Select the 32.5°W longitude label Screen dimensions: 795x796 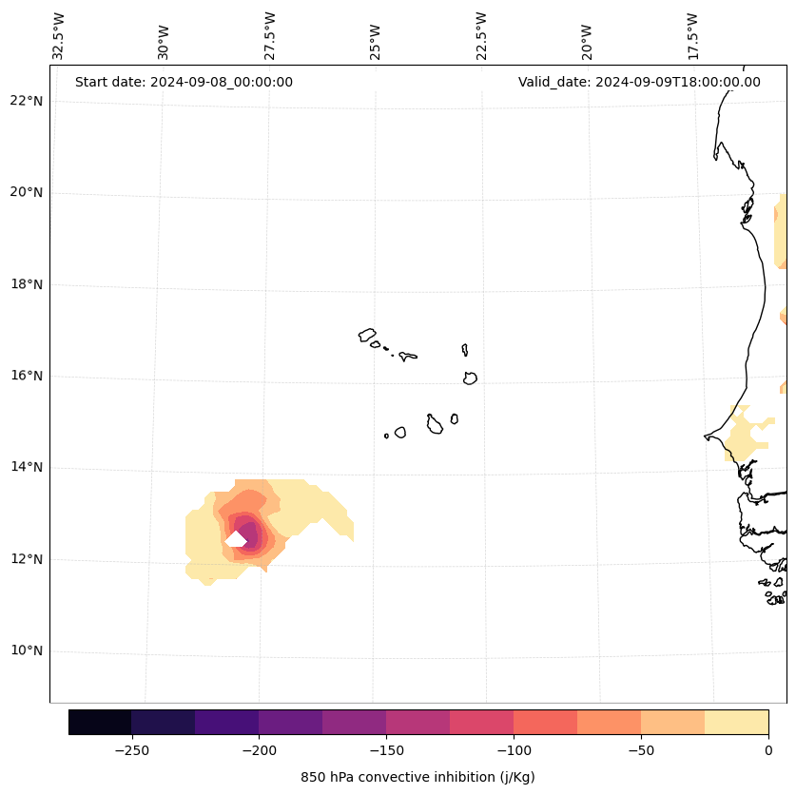pos(59,36)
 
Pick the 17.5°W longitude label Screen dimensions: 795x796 pos(692,36)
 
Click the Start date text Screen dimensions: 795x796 pos(184,82)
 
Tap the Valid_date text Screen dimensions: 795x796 pos(639,82)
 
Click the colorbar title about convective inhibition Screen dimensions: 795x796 pos(417,777)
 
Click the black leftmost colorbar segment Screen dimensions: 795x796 pos(100,722)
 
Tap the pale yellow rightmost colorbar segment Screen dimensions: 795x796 pos(736,722)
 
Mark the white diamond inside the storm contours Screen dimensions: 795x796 pos(235,539)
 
